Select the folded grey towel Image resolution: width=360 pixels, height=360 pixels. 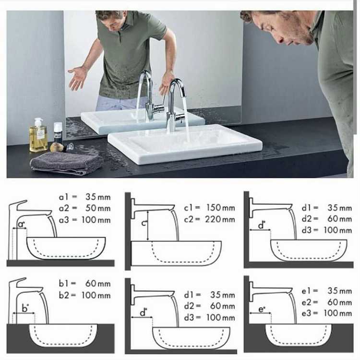coord(67,163)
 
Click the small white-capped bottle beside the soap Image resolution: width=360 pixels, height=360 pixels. coord(58,132)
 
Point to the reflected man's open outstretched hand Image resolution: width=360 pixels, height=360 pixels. coord(78,78)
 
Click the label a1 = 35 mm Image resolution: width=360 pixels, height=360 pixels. coord(84,197)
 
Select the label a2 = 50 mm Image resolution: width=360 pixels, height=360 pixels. coord(84,208)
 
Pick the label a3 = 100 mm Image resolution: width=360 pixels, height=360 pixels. coord(84,220)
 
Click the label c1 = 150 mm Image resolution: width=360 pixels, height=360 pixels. coord(209,208)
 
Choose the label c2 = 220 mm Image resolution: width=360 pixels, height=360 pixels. coord(209,219)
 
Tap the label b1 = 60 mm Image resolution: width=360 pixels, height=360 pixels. coord(84,284)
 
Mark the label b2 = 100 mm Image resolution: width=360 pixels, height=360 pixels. coord(84,295)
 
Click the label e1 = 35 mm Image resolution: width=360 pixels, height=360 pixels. coord(327,291)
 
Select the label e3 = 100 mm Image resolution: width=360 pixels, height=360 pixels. coord(327,313)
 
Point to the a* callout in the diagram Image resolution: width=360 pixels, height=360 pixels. coord(21,224)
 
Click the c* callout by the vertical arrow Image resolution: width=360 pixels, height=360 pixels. coord(144,223)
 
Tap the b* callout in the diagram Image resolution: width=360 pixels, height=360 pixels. coord(25,308)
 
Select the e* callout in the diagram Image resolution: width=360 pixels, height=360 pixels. coord(262,309)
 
